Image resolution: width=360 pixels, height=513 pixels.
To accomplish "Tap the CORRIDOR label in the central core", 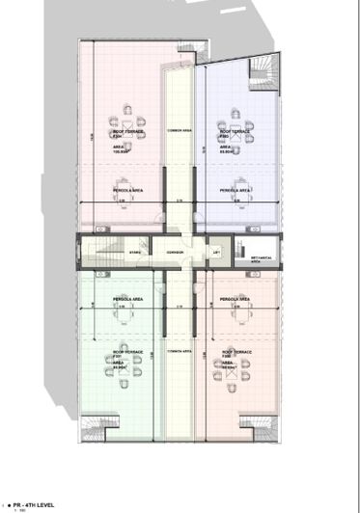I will pos(175,253).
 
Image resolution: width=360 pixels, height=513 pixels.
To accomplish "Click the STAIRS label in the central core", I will pos(136,253).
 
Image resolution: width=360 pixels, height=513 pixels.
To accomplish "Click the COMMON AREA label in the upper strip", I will pos(180,130).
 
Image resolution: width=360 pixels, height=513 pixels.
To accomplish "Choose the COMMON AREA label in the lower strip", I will pos(180,352).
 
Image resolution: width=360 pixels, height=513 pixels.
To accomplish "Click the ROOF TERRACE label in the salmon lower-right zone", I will pos(236,353).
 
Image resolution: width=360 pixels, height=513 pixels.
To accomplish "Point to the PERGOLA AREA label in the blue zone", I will pos(235,191).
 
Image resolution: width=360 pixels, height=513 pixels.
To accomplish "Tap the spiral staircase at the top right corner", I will pos(262,73).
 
